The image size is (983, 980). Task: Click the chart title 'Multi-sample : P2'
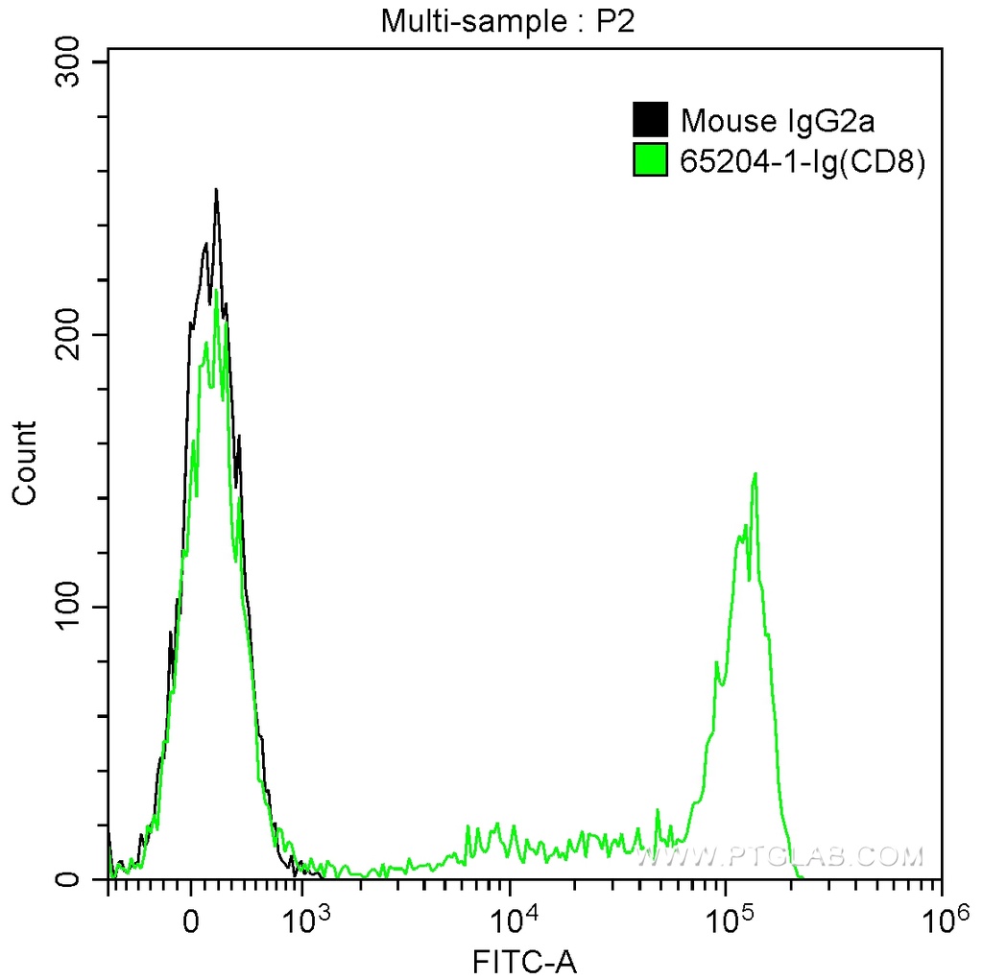point(509,21)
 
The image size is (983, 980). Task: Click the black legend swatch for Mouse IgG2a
point(650,120)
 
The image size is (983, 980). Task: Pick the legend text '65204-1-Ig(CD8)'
point(802,162)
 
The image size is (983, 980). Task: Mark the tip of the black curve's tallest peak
point(216,190)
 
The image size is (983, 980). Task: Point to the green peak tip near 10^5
point(756,473)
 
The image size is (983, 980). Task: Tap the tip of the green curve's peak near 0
point(216,290)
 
